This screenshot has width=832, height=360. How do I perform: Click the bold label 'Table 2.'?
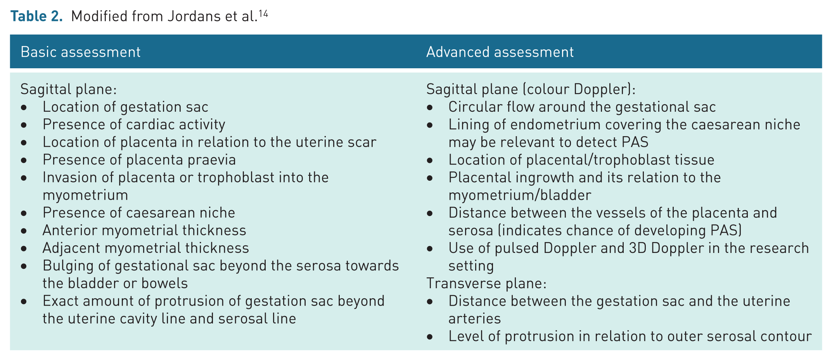36,16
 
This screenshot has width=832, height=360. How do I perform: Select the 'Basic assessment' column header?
81,52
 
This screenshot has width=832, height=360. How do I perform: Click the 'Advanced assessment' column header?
500,52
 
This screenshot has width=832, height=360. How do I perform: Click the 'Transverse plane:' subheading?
486,283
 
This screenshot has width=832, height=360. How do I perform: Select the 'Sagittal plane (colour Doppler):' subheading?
531,89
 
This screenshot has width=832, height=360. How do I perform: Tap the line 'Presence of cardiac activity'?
134,124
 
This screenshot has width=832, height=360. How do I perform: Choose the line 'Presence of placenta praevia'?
139,159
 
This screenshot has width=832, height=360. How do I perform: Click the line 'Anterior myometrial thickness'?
144,230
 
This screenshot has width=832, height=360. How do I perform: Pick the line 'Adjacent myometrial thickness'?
146,247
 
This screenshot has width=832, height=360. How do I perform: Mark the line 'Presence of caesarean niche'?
139,212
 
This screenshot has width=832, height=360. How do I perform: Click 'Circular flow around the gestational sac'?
582,107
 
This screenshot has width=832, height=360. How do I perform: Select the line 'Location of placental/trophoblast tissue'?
581,159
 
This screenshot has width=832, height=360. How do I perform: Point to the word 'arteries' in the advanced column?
475,318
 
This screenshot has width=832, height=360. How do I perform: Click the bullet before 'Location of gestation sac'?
24,107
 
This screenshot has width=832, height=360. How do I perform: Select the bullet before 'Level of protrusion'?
430,337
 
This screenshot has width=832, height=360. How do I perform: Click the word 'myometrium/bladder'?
520,195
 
